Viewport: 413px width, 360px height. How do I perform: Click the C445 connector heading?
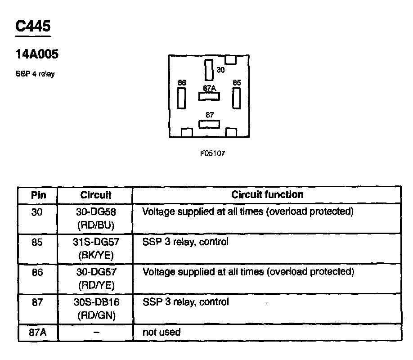tap(33, 26)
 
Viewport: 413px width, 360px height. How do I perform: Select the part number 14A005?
tap(37, 54)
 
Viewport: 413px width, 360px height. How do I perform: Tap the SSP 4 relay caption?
tap(35, 74)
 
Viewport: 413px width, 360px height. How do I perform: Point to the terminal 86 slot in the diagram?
tap(182, 98)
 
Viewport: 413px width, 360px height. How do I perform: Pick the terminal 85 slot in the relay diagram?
tap(237, 98)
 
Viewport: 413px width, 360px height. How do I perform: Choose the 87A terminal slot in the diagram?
tap(209, 96)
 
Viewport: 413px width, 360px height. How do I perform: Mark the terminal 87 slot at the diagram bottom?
tap(209, 124)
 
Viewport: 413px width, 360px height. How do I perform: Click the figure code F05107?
tap(212, 153)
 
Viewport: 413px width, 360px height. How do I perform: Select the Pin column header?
tap(38, 195)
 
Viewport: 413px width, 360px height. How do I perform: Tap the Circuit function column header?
tap(267, 194)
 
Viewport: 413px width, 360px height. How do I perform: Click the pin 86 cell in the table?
tap(38, 272)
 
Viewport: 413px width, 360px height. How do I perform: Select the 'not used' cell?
tap(162, 332)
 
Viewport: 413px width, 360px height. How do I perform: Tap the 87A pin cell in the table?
tap(38, 333)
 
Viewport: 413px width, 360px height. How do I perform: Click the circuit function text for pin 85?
tap(185, 242)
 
